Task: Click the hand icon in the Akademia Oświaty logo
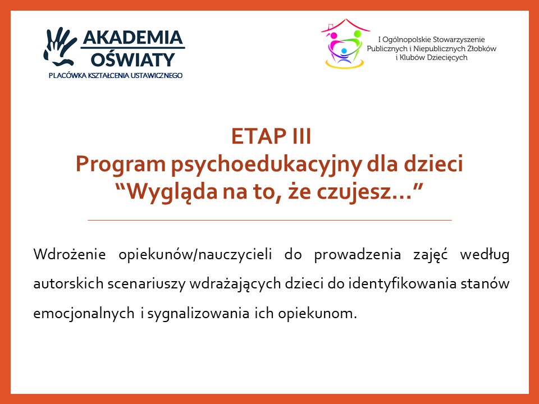(60, 47)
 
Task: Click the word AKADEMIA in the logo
(133, 37)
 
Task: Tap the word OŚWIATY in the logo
(133, 59)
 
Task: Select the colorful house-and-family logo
(344, 44)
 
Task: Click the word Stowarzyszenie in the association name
(458, 39)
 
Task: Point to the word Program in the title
(121, 164)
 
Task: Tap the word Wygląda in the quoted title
(172, 192)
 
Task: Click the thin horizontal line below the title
(269, 220)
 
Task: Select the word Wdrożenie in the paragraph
(70, 255)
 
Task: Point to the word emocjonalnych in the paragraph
(84, 314)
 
